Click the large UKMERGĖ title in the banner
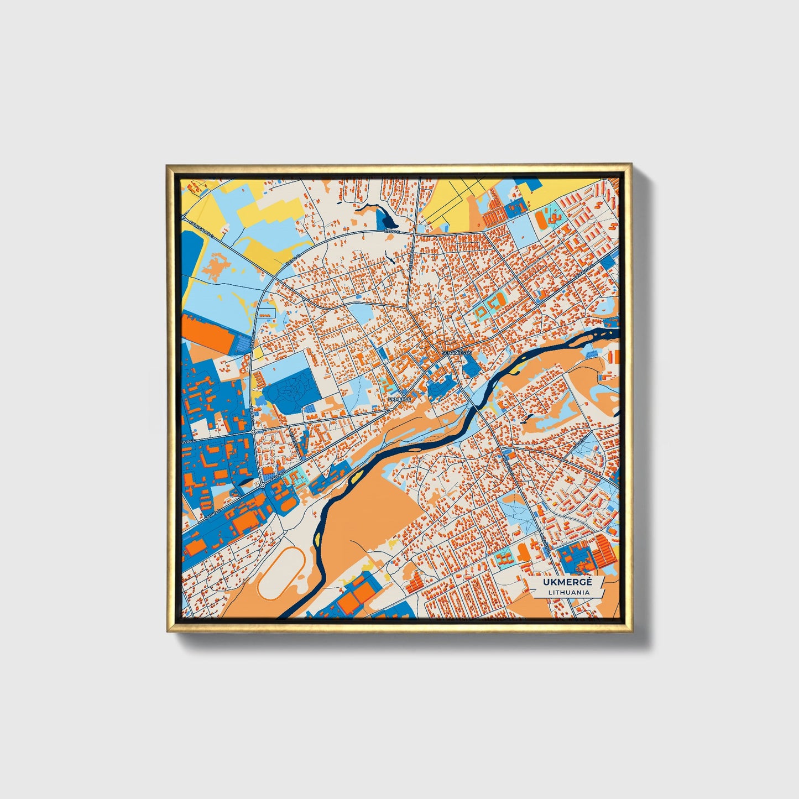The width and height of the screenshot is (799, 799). point(567,582)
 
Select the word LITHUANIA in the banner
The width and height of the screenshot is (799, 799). point(568,592)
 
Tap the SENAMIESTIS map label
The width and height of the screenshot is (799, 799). point(456,352)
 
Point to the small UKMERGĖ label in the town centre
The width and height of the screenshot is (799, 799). point(400,398)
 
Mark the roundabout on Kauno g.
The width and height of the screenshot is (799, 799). point(262,485)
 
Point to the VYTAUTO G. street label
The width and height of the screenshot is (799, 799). point(584,271)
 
